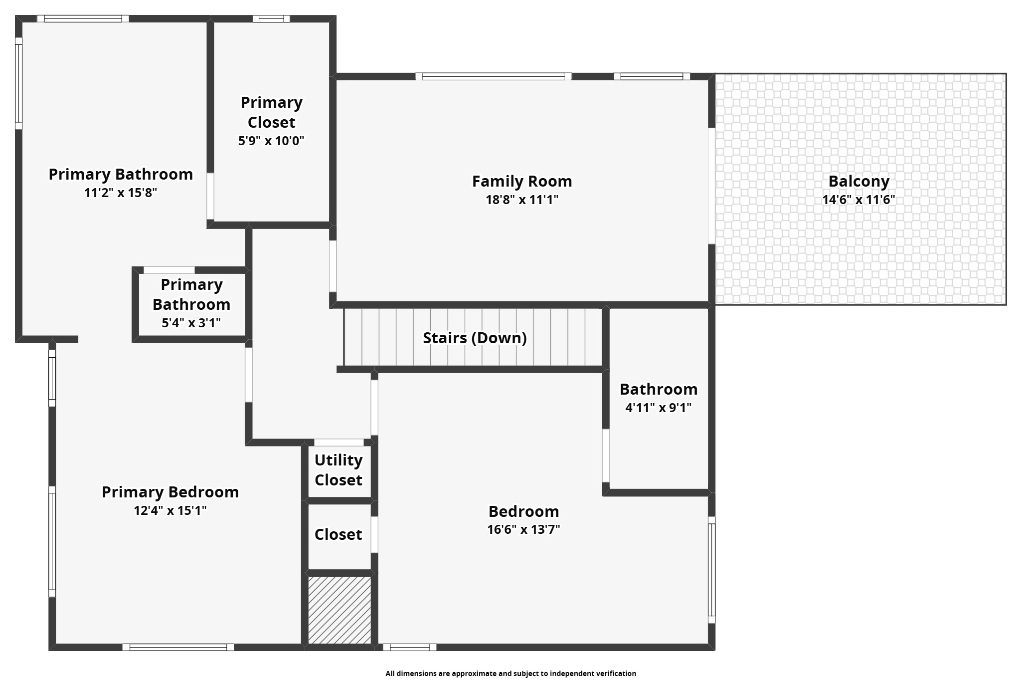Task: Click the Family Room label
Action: (x=522, y=181)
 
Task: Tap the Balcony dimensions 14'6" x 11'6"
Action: (x=858, y=200)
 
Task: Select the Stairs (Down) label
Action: (x=475, y=338)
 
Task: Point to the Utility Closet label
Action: (x=339, y=470)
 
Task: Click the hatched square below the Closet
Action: (x=340, y=610)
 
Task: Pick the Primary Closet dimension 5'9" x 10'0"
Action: (x=271, y=141)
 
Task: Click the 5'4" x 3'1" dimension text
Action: (x=191, y=323)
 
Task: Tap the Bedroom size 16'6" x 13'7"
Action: (x=523, y=529)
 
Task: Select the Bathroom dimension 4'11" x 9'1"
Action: (x=658, y=408)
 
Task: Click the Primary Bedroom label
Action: (x=170, y=492)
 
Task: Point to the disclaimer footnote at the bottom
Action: (x=511, y=674)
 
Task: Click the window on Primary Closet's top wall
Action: (x=271, y=19)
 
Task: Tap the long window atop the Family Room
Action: (x=494, y=76)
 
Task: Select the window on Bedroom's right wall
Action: (x=711, y=569)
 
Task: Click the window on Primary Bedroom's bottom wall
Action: (x=178, y=647)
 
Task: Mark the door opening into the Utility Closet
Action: (x=339, y=443)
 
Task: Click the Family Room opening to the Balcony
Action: (x=711, y=186)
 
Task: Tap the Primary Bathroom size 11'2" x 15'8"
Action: (x=121, y=193)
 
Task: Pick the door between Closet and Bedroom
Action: (x=374, y=534)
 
